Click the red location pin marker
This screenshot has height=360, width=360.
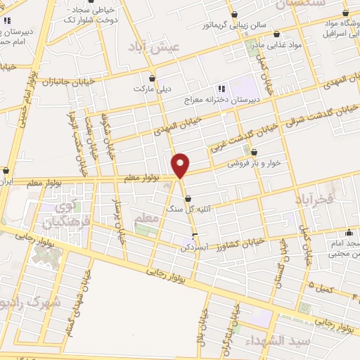pos(181,166)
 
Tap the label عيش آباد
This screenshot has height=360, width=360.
pos(155,45)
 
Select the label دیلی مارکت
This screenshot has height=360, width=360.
pos(154,89)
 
